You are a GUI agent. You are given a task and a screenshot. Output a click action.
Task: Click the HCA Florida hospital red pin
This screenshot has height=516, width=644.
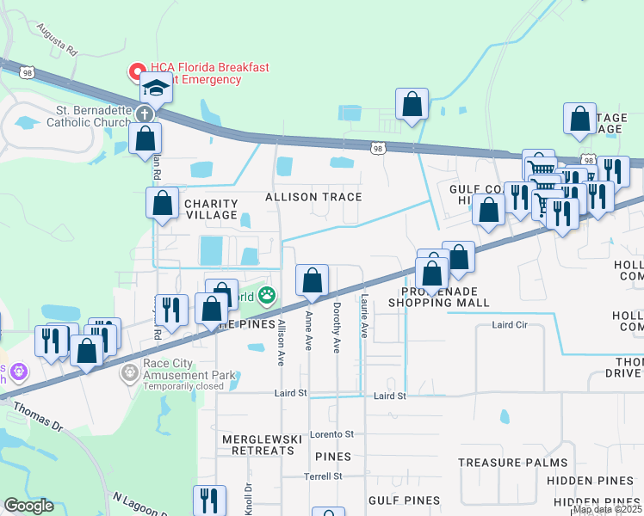coord(137,71)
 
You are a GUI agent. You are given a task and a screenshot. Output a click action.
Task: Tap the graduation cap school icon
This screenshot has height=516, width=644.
coord(157,88)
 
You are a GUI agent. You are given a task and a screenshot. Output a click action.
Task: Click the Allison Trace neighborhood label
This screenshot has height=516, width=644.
coord(313,197)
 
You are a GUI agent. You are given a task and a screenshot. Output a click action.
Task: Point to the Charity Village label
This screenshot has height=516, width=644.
coord(211,209)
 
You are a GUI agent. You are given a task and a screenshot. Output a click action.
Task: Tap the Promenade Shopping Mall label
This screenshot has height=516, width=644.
coord(438,297)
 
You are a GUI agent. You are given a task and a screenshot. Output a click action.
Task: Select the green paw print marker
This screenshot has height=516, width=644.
coord(268,297)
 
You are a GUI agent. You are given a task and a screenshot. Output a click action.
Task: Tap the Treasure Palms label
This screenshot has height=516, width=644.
coord(500,463)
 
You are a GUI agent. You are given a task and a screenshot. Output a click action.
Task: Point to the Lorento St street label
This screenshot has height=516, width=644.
coord(333,434)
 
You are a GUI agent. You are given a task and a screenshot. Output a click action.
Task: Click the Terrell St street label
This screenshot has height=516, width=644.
coord(323,476)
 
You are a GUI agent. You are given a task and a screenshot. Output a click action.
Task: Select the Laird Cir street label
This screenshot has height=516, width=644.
coord(508,325)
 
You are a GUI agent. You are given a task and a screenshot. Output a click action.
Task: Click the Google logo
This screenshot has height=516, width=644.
coord(28,506)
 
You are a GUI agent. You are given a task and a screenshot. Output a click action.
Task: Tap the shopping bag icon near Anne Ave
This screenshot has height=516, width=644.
coord(312,279)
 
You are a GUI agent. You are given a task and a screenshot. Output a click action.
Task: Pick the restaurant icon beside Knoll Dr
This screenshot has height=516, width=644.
coord(210,500)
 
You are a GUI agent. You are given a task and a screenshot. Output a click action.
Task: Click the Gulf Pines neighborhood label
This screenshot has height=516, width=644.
coord(404,500)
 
